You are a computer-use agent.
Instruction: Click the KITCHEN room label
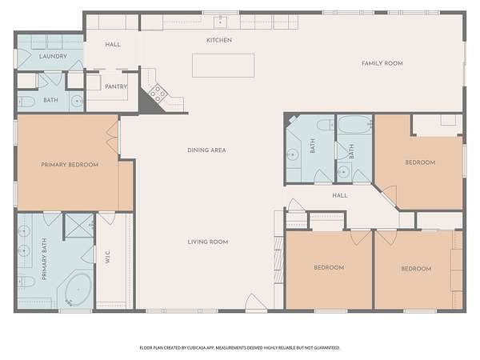click(219, 40)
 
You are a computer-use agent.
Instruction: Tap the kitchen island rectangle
click(223, 66)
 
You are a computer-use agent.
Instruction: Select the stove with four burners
click(158, 93)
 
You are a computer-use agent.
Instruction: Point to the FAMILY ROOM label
click(382, 63)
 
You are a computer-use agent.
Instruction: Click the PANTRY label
click(116, 86)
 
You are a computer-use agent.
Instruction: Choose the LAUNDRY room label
click(53, 56)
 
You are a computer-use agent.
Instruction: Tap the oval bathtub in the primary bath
click(78, 290)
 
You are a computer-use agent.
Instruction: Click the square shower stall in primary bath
click(79, 226)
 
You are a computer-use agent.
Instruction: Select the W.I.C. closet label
click(107, 257)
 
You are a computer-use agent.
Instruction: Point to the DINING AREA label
click(206, 150)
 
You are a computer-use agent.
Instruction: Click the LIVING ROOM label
click(208, 242)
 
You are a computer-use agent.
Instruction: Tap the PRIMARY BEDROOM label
click(70, 165)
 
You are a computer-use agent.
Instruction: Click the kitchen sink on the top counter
click(220, 22)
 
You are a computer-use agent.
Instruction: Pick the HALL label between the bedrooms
click(340, 195)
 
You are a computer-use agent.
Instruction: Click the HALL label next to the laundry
click(113, 45)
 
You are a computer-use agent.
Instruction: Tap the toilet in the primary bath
click(26, 281)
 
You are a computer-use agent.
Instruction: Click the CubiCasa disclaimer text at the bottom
click(240, 348)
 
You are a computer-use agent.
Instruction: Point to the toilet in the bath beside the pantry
click(26, 102)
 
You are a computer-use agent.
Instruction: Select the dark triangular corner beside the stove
click(150, 102)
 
